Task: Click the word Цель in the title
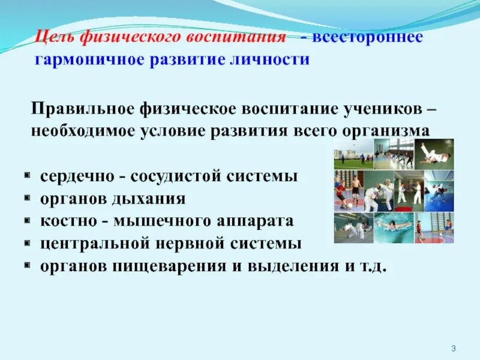(52, 37)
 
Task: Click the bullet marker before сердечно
(28, 177)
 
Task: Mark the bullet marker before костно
(28, 221)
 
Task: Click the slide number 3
(454, 349)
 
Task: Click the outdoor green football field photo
(352, 155)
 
